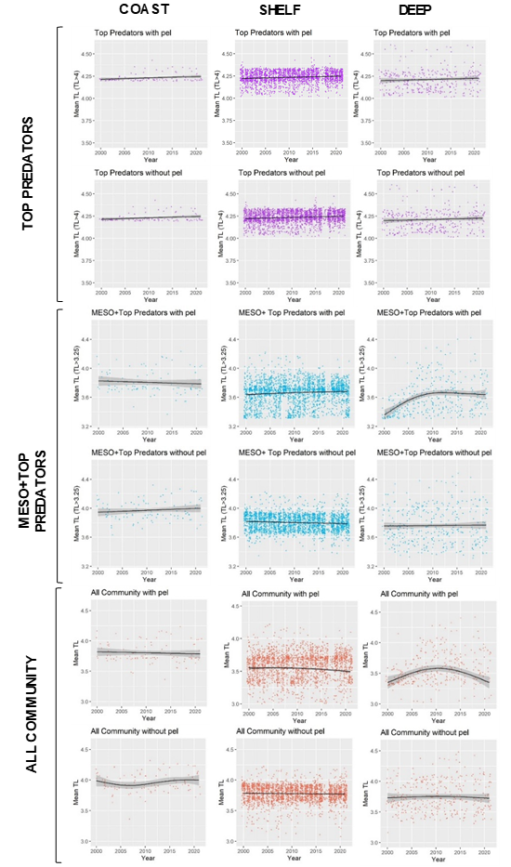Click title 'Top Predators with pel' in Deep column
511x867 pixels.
[x=412, y=33]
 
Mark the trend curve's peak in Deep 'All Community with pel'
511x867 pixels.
[x=437, y=667]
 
